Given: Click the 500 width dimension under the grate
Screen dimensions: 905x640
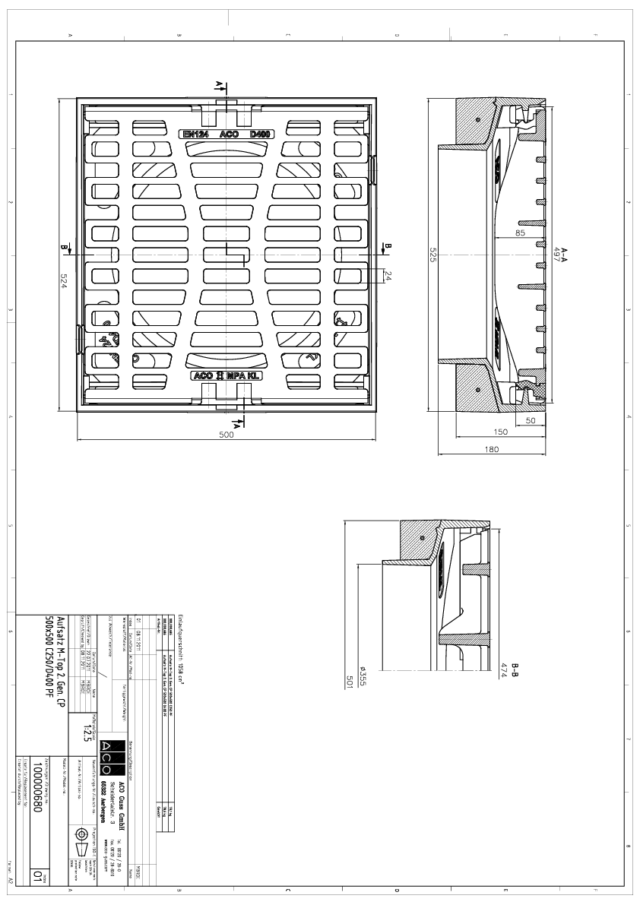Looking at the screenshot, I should [227, 435].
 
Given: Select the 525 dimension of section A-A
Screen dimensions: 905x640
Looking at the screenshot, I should [432, 256].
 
